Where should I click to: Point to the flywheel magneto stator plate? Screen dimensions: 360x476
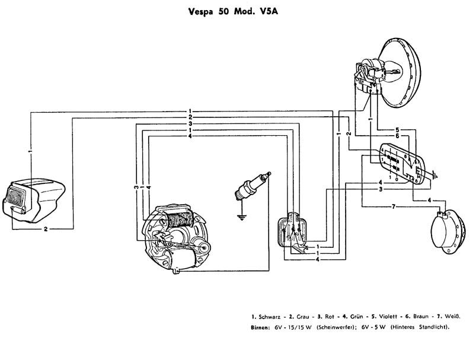[x=175, y=237]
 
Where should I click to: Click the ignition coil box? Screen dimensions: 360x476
[x=294, y=234]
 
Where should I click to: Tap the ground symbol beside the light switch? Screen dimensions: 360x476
[x=436, y=176]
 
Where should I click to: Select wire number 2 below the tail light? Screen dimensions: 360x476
[x=45, y=228]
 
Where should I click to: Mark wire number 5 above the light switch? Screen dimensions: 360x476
[x=398, y=129]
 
